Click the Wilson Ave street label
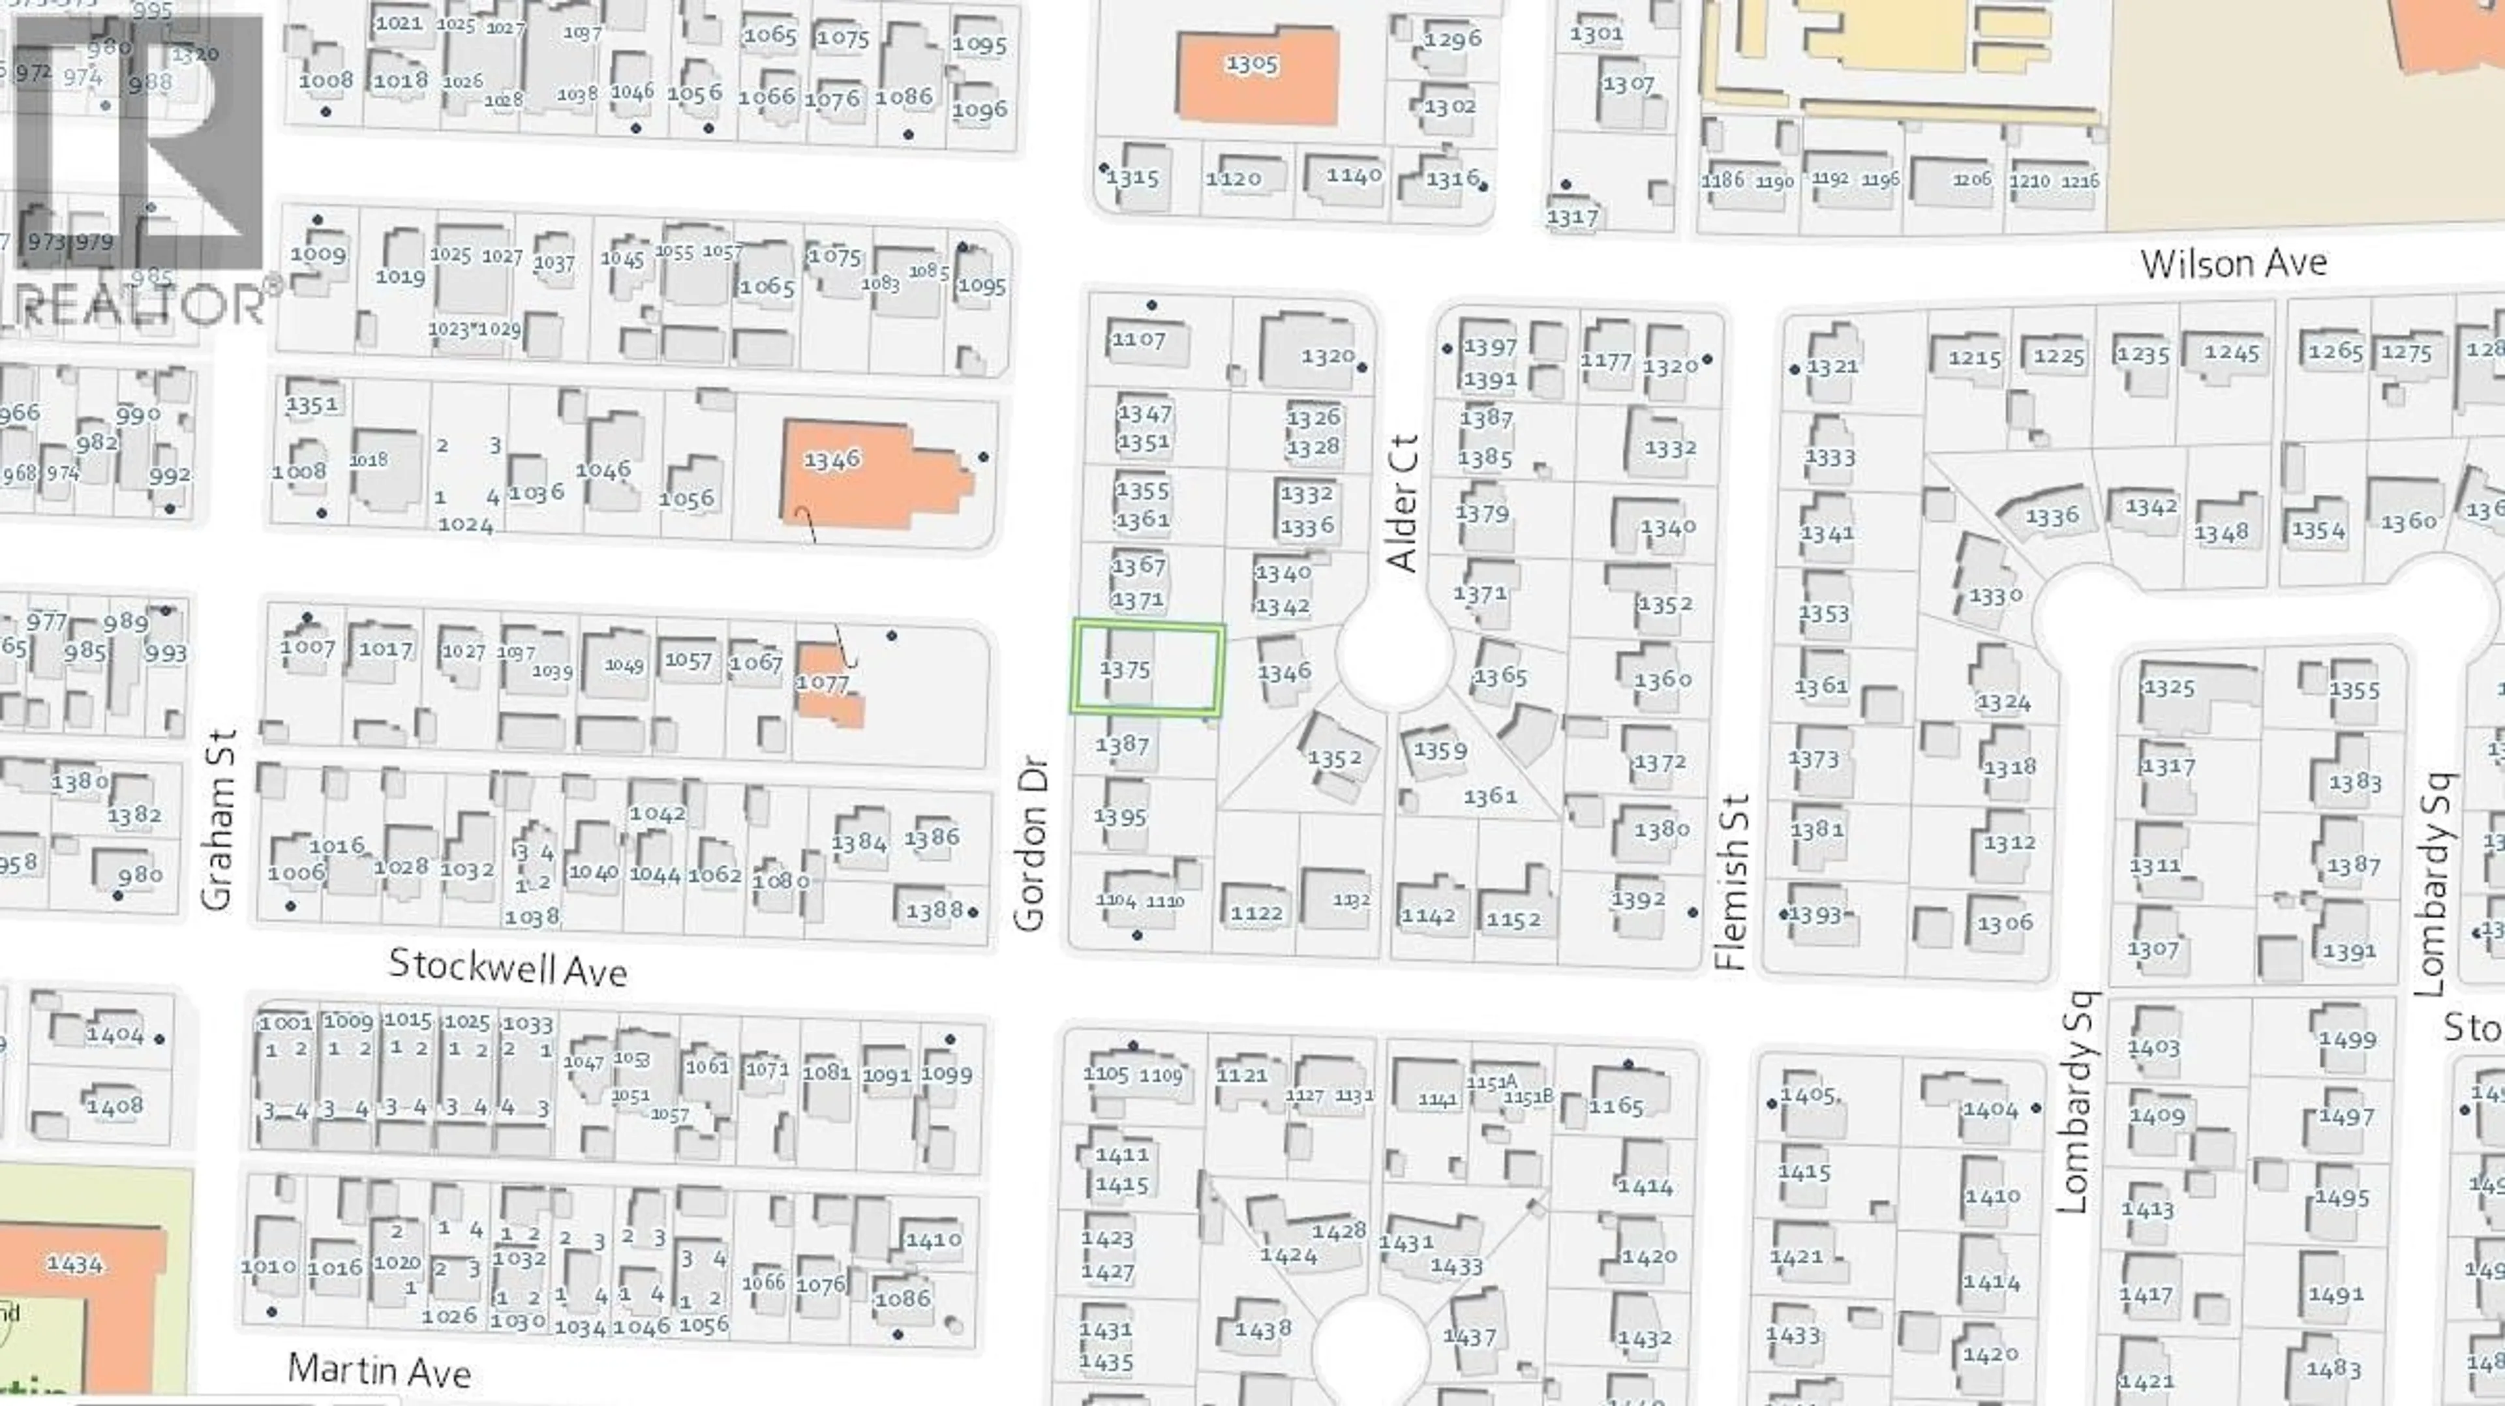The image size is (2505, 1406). [x=2233, y=263]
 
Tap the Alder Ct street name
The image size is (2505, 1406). [x=1403, y=503]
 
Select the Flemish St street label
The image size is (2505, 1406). [x=1732, y=882]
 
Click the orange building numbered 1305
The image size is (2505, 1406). [x=1256, y=76]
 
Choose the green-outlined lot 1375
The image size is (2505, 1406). [x=1147, y=669]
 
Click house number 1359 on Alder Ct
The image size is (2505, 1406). [x=1440, y=751]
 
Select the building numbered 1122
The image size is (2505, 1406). [x=1256, y=912]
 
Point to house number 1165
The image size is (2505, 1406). [x=1617, y=1105]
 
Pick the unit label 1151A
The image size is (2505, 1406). [x=1492, y=1082]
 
